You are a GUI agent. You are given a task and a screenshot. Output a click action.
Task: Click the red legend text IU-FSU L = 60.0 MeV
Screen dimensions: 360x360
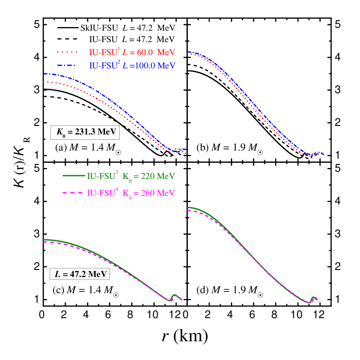point(132,53)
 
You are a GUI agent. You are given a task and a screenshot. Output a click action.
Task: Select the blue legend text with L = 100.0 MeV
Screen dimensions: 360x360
point(132,66)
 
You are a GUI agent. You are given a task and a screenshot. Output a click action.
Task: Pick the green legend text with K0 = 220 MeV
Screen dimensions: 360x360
point(131,176)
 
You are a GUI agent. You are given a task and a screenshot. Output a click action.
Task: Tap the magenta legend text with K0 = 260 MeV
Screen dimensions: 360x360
point(131,194)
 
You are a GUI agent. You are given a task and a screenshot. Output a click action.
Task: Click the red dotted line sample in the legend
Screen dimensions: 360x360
point(68,53)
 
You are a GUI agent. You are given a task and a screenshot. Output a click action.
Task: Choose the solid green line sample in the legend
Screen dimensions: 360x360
point(73,176)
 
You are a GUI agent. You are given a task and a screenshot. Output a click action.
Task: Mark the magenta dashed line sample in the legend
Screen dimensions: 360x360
point(73,193)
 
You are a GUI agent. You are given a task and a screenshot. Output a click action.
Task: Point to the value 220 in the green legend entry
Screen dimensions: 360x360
point(148,176)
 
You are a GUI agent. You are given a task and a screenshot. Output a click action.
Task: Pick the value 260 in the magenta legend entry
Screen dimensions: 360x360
point(148,194)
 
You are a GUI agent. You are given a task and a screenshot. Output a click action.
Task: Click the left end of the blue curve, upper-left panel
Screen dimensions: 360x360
point(45,74)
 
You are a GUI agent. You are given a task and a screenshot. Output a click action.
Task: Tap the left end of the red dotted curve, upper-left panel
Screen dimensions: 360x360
point(45,82)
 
